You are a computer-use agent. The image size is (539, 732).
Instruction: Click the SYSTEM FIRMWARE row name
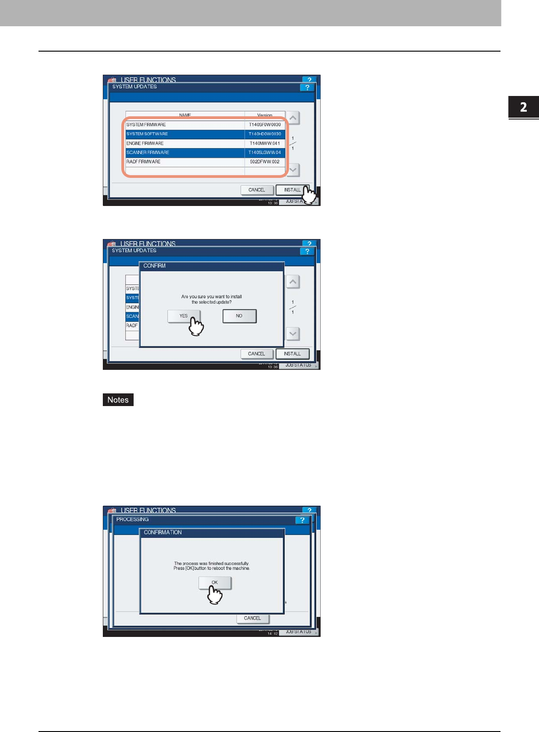point(146,124)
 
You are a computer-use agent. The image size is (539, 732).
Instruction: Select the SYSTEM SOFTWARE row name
point(147,134)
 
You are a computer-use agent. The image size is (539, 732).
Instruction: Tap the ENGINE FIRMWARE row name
point(145,144)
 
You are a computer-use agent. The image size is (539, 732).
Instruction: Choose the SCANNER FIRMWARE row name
point(148,153)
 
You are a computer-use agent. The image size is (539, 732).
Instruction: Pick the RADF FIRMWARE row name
point(144,162)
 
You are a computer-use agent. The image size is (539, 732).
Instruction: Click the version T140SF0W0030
point(265,124)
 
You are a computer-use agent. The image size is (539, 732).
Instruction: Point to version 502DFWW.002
point(265,162)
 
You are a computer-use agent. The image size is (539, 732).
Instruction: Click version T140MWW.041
point(265,144)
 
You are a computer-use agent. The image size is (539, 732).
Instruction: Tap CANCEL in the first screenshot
point(257,190)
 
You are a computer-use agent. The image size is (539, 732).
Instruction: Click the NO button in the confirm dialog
point(239,316)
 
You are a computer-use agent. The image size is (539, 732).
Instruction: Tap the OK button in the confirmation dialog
point(215,583)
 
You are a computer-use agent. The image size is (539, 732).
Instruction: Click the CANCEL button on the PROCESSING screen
point(252,618)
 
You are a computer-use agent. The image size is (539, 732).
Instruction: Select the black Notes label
point(118,400)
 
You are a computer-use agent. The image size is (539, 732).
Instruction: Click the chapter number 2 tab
point(524,107)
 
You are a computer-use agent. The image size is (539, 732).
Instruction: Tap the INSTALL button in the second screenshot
point(292,354)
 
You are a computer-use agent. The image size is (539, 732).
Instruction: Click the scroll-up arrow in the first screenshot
point(293,118)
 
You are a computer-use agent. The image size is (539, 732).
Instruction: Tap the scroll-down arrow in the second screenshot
point(293,334)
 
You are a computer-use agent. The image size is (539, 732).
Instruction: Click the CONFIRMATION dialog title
point(163,532)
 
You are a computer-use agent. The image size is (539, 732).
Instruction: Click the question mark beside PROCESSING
point(302,520)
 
